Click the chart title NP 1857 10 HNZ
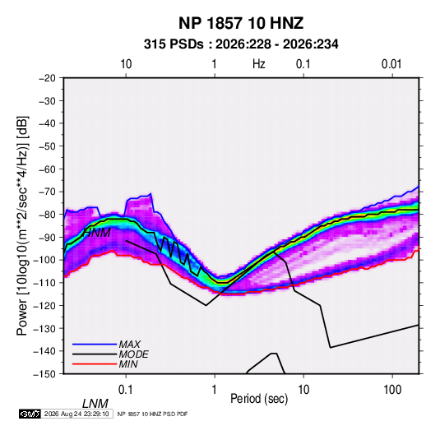tap(241, 23)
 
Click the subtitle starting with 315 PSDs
tap(241, 44)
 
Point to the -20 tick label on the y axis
tap(47, 78)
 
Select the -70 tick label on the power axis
tap(47, 192)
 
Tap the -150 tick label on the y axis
tap(45, 374)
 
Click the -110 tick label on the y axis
tap(45, 283)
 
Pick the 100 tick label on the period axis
tap(392, 390)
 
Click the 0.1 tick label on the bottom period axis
tap(126, 390)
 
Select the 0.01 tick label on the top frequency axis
tap(391, 64)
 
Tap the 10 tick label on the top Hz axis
tap(126, 64)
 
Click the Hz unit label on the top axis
tap(259, 64)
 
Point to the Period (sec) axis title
tap(259, 399)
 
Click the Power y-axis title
tap(22, 226)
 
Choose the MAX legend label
tap(130, 345)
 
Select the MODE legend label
tap(133, 354)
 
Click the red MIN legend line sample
tap(95, 364)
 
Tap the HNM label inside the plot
tap(97, 233)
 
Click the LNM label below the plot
tap(95, 404)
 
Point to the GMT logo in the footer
tap(30, 414)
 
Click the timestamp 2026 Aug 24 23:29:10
tap(76, 414)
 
